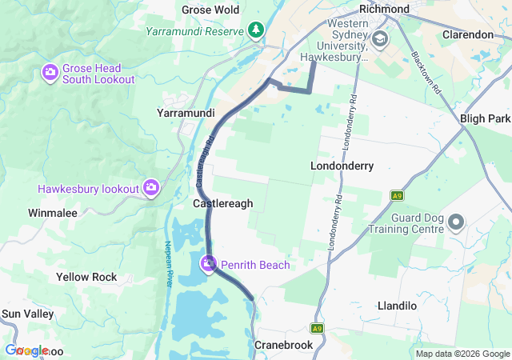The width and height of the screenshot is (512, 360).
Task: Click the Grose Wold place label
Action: pyautogui.click(x=210, y=10)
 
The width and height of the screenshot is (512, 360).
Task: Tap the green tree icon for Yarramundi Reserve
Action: pyautogui.click(x=255, y=30)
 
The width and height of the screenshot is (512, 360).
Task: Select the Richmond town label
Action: pyautogui.click(x=384, y=9)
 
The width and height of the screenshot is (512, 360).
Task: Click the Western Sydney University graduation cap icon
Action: pyautogui.click(x=379, y=38)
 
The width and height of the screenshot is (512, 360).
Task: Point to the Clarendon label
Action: pyautogui.click(x=468, y=34)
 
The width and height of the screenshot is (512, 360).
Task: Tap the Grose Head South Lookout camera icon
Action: pyautogui.click(x=50, y=74)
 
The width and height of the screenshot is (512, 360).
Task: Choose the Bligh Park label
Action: pyautogui.click(x=486, y=118)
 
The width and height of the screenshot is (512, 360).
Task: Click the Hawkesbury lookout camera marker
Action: pyautogui.click(x=151, y=188)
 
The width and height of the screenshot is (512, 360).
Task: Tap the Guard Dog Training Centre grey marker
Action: pyautogui.click(x=456, y=222)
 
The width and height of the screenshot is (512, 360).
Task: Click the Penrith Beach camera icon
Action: pyautogui.click(x=208, y=263)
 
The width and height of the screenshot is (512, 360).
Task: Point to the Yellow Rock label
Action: pyautogui.click(x=86, y=277)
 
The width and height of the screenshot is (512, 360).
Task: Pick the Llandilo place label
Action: pyautogui.click(x=397, y=306)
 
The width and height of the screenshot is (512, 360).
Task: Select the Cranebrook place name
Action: pyautogui.click(x=281, y=344)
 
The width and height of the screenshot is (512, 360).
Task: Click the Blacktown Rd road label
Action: pyautogui.click(x=427, y=75)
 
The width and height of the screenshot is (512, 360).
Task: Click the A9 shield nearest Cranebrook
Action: pyautogui.click(x=318, y=328)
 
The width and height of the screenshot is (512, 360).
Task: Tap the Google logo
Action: pyautogui.click(x=26, y=350)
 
